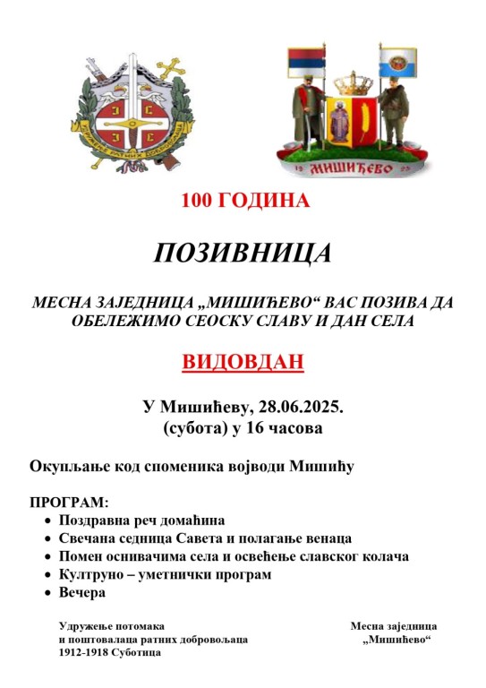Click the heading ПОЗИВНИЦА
tap(243, 253)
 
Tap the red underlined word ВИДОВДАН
tap(243, 362)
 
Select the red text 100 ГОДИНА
tap(245, 201)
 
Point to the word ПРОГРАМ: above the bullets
tap(69, 502)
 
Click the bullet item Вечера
tap(82, 591)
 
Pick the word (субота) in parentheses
tap(192, 428)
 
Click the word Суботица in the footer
tap(134, 653)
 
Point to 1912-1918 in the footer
tap(81, 653)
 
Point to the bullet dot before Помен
tap(48, 556)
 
